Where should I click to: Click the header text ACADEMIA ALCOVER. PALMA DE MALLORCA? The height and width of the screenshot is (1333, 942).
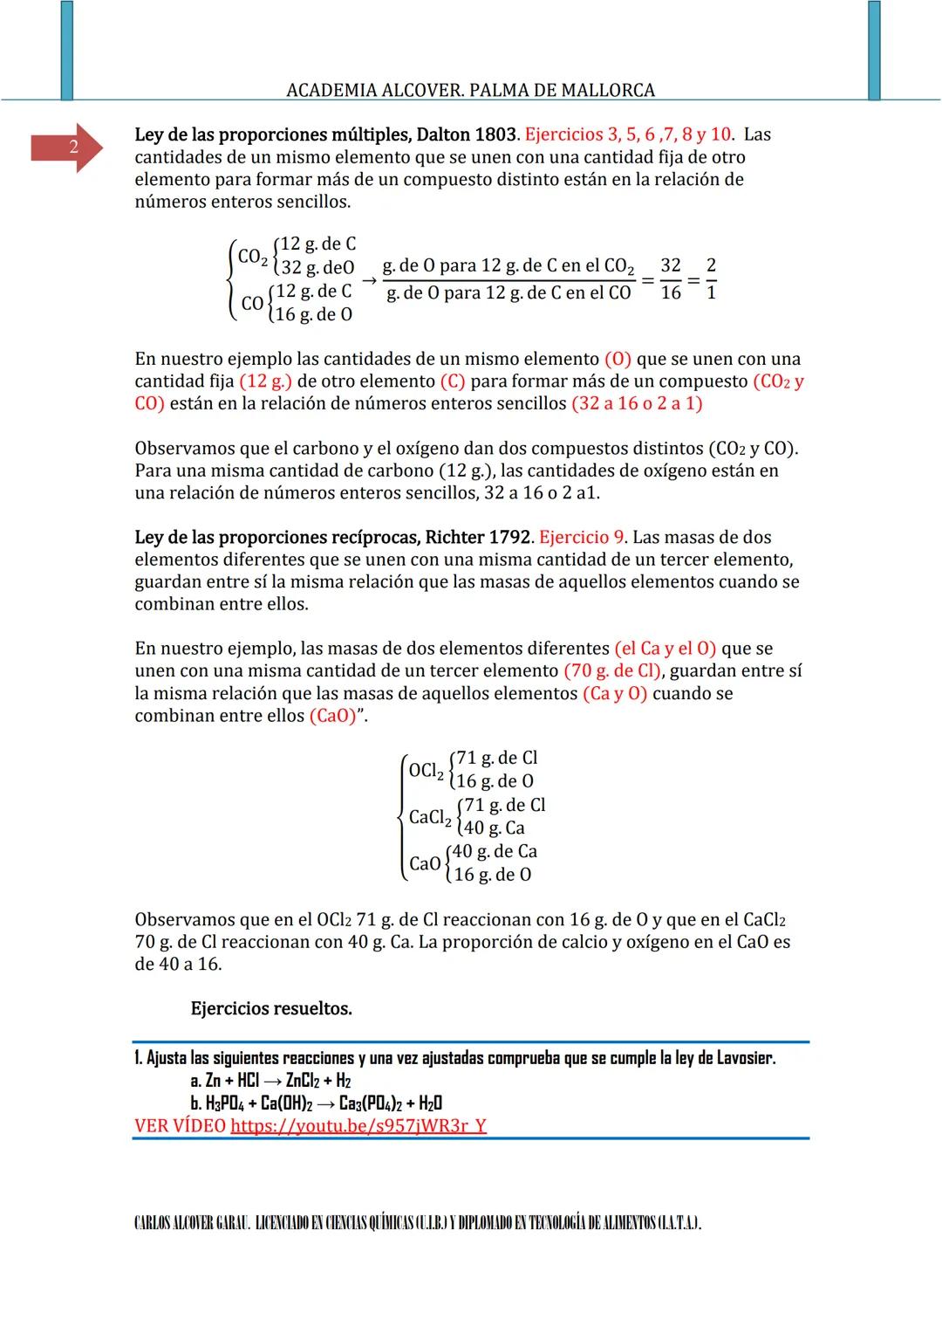[470, 90]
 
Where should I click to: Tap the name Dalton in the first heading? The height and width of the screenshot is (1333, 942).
[442, 135]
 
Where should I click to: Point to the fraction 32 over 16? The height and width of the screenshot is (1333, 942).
[670, 279]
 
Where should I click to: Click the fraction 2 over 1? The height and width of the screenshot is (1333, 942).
[711, 279]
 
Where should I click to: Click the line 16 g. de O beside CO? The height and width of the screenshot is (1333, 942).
[313, 314]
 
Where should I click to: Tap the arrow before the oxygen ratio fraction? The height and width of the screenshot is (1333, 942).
[368, 280]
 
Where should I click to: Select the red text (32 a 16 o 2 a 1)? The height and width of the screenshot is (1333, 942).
[637, 404]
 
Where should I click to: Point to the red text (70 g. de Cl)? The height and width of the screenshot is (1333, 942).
[613, 671]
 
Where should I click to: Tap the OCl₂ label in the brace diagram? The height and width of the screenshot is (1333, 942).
[426, 771]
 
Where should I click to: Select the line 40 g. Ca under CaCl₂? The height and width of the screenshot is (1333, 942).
[494, 828]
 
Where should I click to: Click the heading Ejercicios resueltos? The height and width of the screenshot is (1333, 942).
[271, 1009]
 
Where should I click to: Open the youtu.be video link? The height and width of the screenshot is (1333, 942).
[358, 1126]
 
